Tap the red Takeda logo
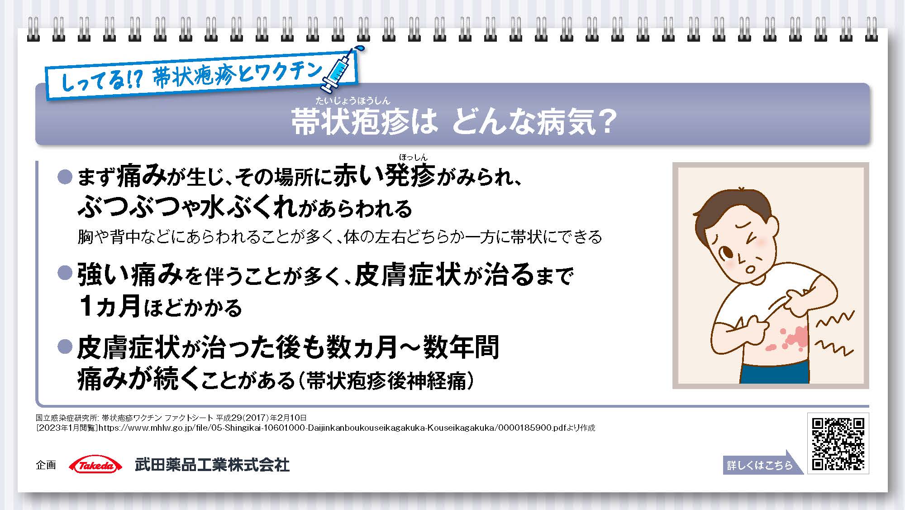point(95,465)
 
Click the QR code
point(838,443)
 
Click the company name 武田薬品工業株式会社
point(212,465)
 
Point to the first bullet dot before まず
point(65,177)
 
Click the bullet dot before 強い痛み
point(65,273)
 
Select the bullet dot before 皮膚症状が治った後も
point(65,347)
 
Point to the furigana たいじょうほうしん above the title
point(352,101)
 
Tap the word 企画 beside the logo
point(46,465)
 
